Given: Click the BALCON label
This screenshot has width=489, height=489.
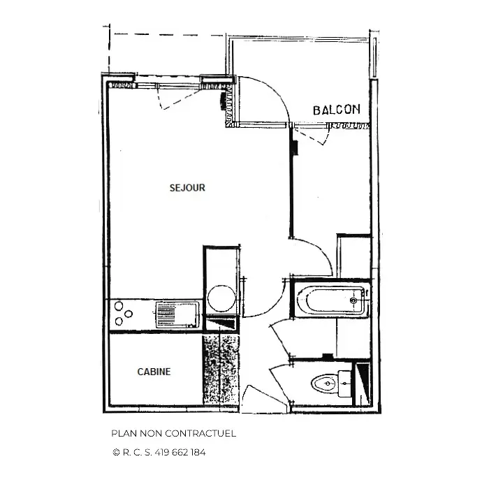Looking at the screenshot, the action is (x=336, y=110).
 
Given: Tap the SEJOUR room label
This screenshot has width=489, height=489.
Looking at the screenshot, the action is (x=187, y=188).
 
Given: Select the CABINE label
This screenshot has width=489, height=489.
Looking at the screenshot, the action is (x=154, y=372).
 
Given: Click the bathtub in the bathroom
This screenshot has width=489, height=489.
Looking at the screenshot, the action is (x=331, y=301).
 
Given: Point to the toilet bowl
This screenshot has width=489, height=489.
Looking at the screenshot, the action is (x=323, y=384).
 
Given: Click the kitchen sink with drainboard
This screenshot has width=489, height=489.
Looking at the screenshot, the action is (x=177, y=314).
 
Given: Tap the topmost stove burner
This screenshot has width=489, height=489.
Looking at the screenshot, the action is (x=119, y=306).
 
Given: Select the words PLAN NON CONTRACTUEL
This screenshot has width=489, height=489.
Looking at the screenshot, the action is (x=174, y=434).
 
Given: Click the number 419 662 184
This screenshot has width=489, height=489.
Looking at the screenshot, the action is (x=180, y=452).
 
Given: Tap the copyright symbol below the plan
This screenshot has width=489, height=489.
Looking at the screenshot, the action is (x=116, y=452).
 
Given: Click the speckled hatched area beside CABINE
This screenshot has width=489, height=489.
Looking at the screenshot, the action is (x=221, y=370).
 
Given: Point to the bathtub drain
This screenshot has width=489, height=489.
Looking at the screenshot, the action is (x=353, y=300).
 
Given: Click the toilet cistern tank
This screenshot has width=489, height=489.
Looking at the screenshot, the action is (x=344, y=384).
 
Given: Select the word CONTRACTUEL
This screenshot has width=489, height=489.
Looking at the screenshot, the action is (x=200, y=434).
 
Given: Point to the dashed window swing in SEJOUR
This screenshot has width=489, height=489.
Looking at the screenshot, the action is (x=177, y=98).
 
